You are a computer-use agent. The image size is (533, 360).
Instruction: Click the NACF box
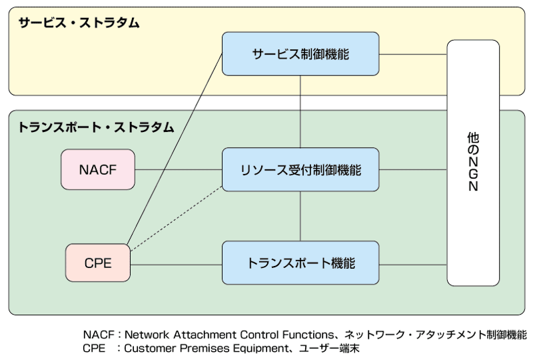coord(98,169)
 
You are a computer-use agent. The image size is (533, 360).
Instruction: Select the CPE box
coord(98,263)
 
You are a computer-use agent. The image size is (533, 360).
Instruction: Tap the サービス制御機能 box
coord(300,54)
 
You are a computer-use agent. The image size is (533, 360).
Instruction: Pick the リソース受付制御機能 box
coord(300,169)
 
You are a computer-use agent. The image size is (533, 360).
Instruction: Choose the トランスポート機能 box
coord(300,263)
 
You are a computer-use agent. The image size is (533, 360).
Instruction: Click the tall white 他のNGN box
coord(473,163)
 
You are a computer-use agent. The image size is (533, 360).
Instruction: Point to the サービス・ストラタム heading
coord(79,23)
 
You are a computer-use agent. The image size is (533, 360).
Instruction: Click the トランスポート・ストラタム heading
coord(96,127)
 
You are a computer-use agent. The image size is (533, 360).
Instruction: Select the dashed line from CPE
coord(177,219)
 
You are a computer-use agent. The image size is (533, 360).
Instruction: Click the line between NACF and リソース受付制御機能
coord(179,169)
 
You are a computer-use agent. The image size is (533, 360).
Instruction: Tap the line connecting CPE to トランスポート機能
coord(176,265)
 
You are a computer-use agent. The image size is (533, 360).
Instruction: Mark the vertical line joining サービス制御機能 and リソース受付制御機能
coord(300,111)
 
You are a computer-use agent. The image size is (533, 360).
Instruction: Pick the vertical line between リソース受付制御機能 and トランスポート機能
coord(300,216)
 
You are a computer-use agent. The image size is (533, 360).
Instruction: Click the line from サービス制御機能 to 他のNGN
coord(413,54)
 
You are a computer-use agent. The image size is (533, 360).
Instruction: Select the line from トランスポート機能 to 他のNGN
coord(413,265)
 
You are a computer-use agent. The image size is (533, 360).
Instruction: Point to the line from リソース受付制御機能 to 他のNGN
coord(413,169)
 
